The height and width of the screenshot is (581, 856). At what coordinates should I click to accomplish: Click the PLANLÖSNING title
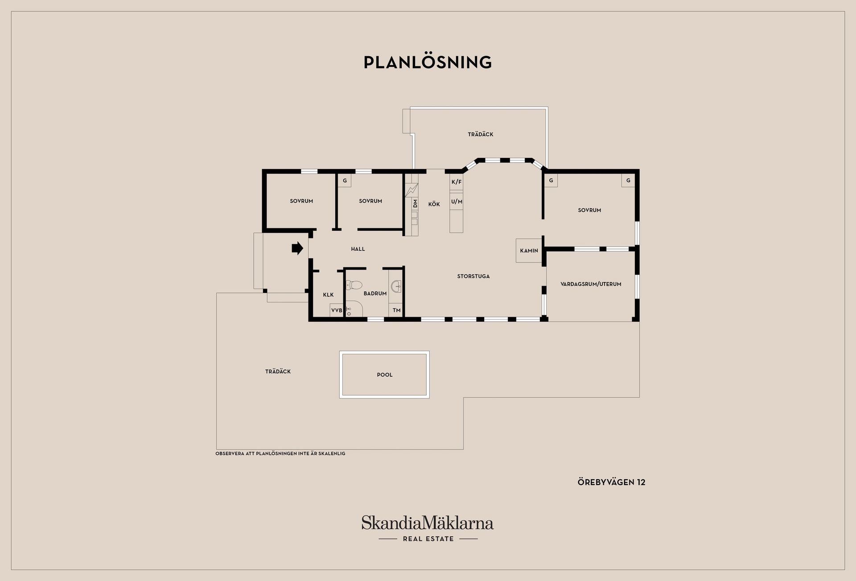tap(428, 62)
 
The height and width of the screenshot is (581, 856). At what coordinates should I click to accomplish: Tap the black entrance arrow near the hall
tap(297, 248)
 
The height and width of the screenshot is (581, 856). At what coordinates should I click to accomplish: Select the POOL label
tap(385, 375)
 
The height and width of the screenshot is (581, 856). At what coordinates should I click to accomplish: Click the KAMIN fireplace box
tap(529, 251)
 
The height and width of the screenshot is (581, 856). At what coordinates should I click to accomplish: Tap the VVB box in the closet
tap(337, 310)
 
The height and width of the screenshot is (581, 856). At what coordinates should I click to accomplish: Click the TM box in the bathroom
tap(396, 310)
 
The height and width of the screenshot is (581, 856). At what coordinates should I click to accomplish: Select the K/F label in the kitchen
tap(457, 182)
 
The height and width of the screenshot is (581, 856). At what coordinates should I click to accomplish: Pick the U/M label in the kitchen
tap(457, 202)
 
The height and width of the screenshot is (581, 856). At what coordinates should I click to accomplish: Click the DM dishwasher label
tap(415, 204)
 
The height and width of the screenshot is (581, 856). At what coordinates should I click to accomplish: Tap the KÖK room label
tap(434, 204)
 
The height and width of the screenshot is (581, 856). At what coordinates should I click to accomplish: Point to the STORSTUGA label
tap(473, 276)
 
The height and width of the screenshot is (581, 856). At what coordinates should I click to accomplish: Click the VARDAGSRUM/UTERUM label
tap(591, 284)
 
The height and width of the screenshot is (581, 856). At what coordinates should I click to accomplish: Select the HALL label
tap(358, 249)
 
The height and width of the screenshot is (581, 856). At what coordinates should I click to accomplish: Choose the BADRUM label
tap(375, 294)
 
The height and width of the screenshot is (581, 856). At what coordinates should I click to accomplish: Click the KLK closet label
tap(328, 295)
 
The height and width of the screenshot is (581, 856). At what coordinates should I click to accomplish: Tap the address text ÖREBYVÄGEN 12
tap(611, 482)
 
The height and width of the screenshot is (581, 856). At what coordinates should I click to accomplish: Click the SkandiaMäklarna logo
tap(428, 529)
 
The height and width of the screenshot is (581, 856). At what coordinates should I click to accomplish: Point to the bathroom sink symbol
tap(396, 286)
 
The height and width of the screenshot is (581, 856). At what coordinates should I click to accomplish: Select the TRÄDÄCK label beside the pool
tap(278, 371)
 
